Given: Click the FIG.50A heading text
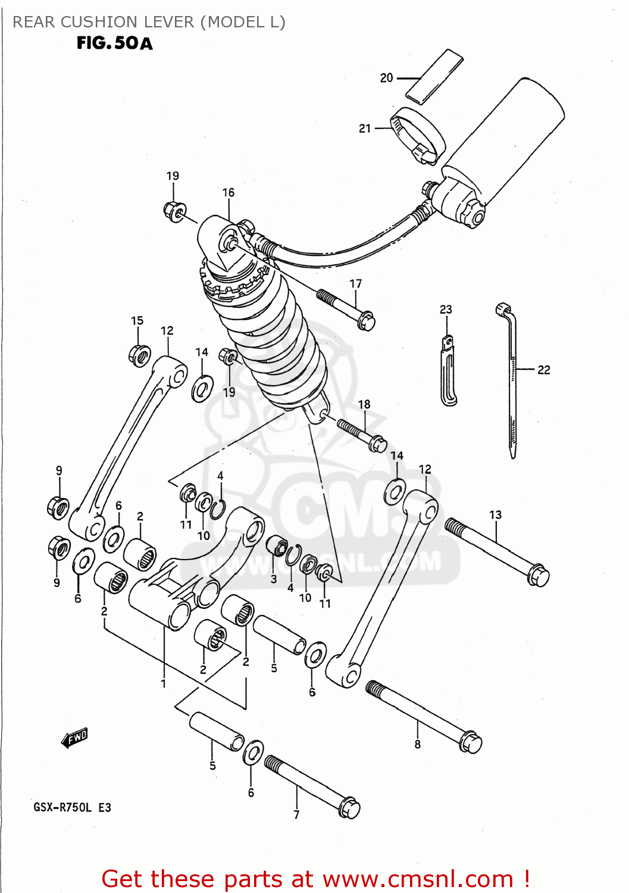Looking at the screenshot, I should (114, 43).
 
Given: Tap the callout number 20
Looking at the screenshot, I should (386, 78).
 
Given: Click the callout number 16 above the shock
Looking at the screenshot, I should (229, 193).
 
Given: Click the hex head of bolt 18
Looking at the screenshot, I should (377, 444).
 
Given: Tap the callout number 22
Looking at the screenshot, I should (543, 370).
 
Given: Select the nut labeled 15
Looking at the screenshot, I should (139, 355).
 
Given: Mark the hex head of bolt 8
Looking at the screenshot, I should (471, 742).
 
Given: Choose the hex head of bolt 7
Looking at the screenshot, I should (349, 808).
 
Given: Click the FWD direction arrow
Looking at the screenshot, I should (75, 738).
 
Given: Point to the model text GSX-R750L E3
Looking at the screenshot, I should (72, 808).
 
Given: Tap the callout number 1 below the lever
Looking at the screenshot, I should (163, 684).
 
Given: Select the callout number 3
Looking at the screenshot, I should (274, 579).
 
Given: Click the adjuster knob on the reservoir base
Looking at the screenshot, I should (474, 215).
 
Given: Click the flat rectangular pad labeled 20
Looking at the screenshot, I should (434, 76).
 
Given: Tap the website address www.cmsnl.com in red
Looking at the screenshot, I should (418, 879).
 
